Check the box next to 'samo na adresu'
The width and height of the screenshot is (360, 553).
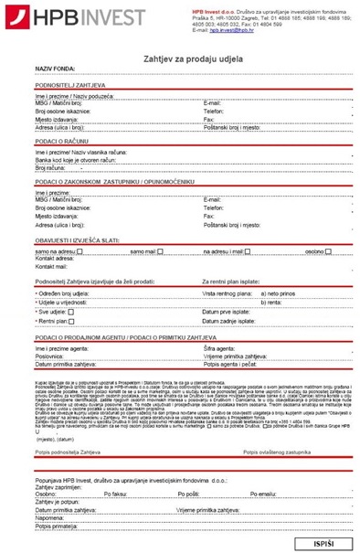pos(70,250)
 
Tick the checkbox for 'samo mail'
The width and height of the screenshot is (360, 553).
pos(159,250)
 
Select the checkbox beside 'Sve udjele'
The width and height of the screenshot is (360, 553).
pos(71,311)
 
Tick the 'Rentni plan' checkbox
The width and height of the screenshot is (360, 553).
pos(71,322)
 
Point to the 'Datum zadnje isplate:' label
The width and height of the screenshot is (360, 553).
pos(228,322)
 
